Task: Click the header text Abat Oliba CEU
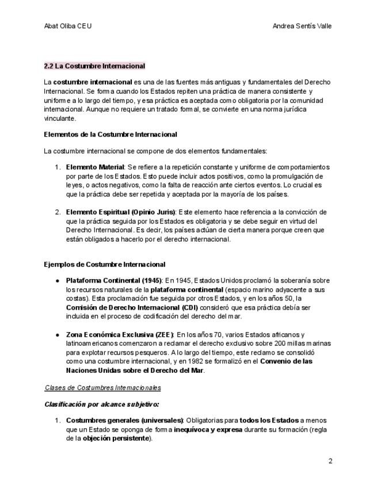(68, 26)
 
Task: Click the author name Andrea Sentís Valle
(302, 26)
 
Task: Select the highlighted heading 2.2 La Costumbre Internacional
(94, 66)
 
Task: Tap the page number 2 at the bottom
(330, 461)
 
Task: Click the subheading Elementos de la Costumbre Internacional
(111, 135)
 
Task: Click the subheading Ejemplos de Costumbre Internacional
(105, 265)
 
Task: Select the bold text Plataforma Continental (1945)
(114, 280)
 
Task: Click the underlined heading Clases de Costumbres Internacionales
(103, 388)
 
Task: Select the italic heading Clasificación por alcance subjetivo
(102, 405)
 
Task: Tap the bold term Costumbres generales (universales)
(124, 420)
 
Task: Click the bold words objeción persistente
(115, 439)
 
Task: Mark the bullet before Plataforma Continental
(57, 280)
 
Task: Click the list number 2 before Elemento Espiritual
(58, 212)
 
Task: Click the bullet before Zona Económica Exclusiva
(57, 334)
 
